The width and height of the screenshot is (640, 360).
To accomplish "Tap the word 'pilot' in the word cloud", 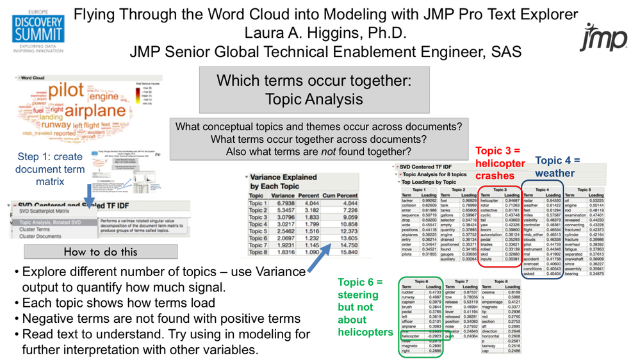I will click(x=67, y=89).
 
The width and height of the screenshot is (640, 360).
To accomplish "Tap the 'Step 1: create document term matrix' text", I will click(x=51, y=168).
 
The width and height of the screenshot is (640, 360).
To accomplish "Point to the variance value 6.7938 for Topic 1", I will click(x=284, y=203).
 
